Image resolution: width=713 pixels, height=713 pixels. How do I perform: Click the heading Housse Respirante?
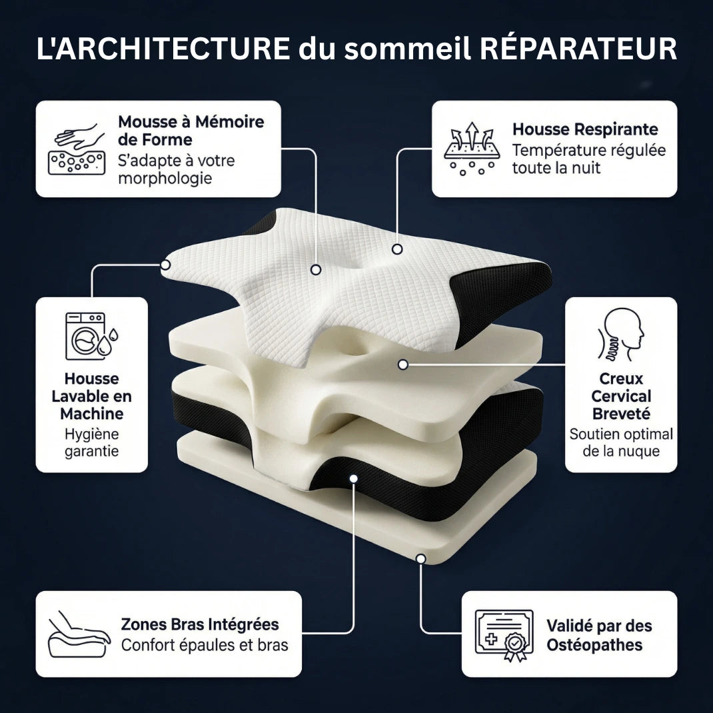pos(584,129)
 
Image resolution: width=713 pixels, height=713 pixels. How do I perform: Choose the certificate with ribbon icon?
pos(504,634)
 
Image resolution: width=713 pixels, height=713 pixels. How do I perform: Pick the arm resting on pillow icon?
pos(79,634)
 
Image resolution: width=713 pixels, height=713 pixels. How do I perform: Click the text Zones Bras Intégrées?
pos(200,624)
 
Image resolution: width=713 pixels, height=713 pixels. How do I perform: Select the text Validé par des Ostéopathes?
pos(598,635)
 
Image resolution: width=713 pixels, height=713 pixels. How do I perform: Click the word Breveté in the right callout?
pos(621,414)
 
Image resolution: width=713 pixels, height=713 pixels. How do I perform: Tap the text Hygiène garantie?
pos(91,442)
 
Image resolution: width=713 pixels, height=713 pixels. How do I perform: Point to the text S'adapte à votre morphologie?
pos(176,169)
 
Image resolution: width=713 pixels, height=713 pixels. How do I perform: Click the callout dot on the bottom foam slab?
pos(420,558)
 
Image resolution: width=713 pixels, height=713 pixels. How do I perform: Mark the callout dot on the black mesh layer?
pos(353,478)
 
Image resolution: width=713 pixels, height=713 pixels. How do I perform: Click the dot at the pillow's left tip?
pos(165,265)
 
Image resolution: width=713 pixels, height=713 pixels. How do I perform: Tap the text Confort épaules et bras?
pos(205,645)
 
